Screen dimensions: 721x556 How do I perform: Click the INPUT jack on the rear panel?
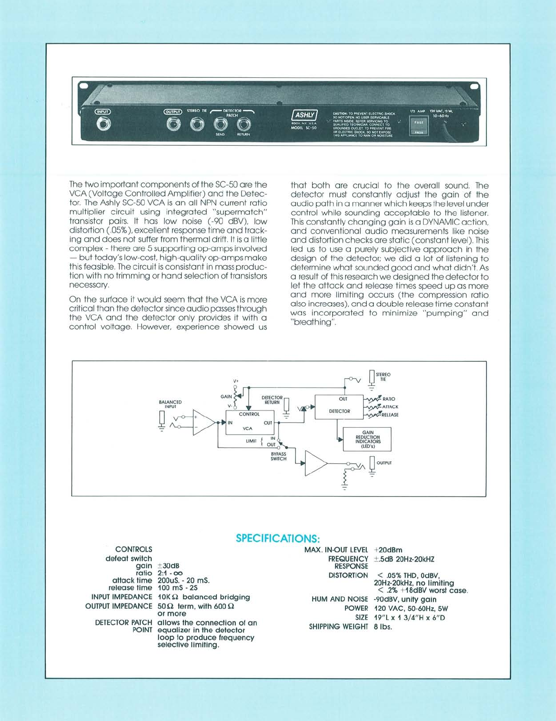click(x=102, y=124)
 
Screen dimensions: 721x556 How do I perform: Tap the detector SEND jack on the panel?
click(x=220, y=124)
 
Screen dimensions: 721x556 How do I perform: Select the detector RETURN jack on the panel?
click(x=243, y=124)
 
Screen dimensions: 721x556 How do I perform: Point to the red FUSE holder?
click(x=419, y=124)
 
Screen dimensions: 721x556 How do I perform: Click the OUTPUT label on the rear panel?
click(x=173, y=112)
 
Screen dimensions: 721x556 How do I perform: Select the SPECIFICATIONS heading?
click(x=278, y=538)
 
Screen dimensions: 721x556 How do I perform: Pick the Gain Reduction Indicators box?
click(x=367, y=439)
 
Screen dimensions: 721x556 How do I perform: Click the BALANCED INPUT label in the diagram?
click(x=170, y=404)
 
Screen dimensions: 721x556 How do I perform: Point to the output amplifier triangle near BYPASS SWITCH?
click(x=315, y=463)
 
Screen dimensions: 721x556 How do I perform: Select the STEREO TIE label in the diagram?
click(x=383, y=377)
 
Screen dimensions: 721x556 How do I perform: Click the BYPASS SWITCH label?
click(x=278, y=456)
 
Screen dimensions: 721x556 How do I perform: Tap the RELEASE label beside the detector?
click(x=389, y=415)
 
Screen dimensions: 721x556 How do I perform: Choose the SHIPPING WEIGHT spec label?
click(x=338, y=627)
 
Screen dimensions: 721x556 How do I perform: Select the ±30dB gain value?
click(x=168, y=566)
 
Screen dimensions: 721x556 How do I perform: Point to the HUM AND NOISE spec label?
click(x=340, y=599)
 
